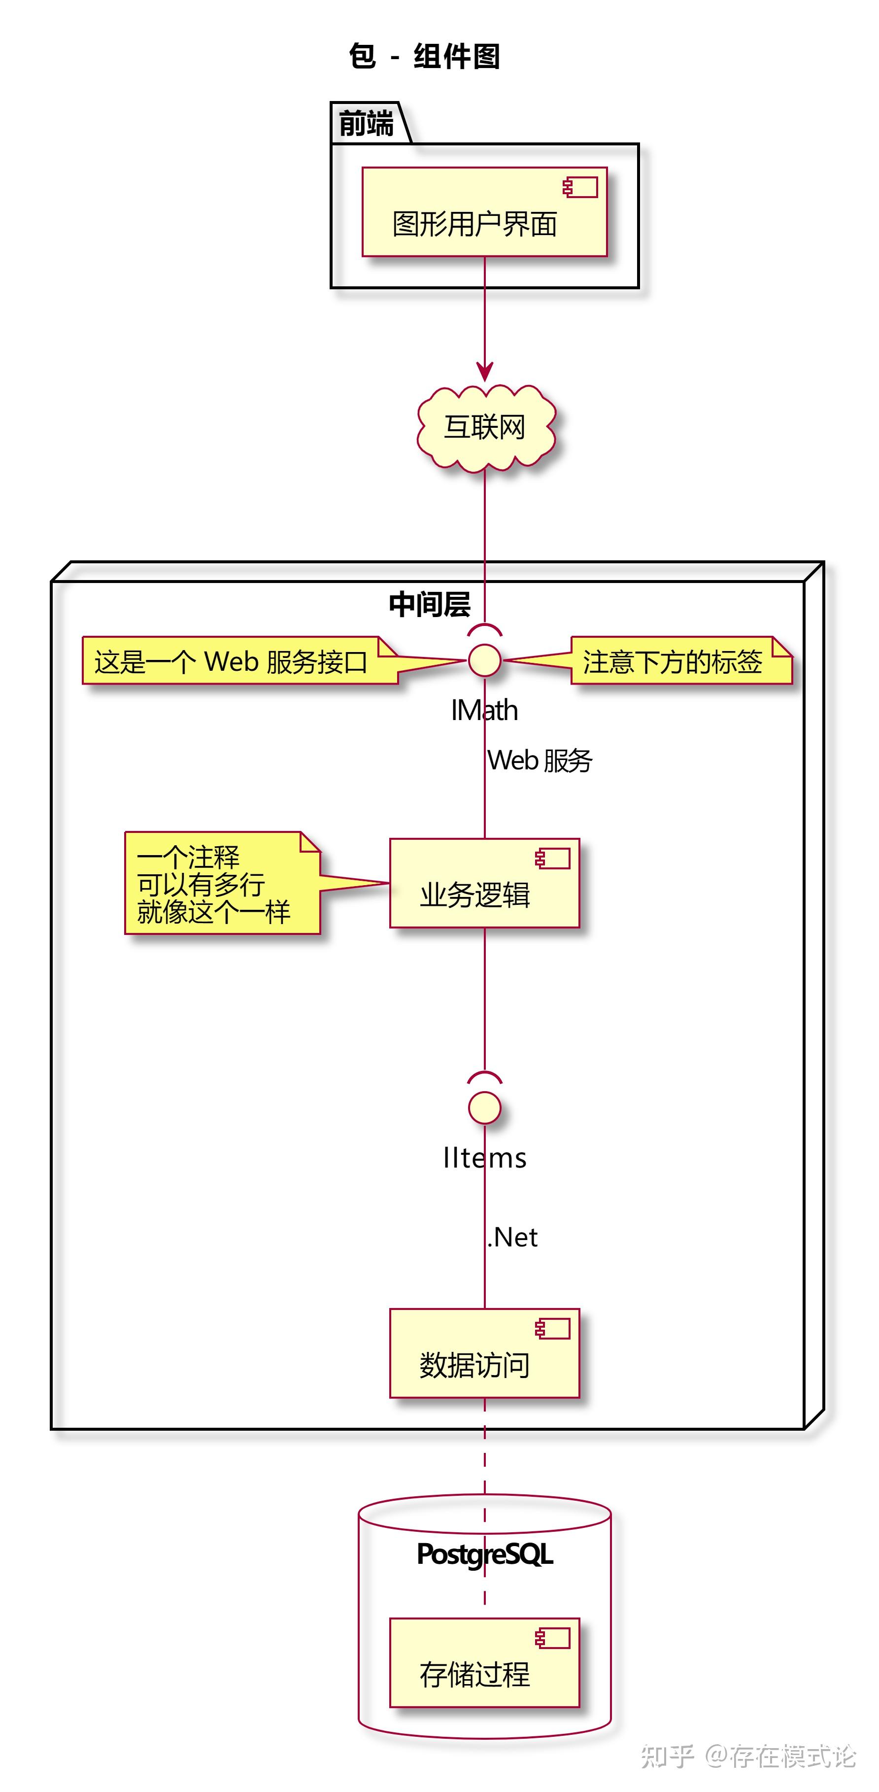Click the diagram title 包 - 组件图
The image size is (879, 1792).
(424, 56)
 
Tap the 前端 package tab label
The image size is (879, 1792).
(367, 124)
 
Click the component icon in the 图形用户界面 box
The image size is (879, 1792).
(581, 188)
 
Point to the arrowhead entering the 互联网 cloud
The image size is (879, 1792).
(485, 372)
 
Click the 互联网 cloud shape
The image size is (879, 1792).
(485, 427)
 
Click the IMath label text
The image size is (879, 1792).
(485, 710)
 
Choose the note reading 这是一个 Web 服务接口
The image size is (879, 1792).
(231, 661)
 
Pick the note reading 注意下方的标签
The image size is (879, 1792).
(673, 661)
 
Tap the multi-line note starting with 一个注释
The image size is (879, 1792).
(213, 884)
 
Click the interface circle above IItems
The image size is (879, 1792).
(485, 1107)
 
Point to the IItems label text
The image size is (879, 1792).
(485, 1158)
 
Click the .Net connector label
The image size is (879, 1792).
(512, 1238)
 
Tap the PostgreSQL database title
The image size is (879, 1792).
(485, 1554)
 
